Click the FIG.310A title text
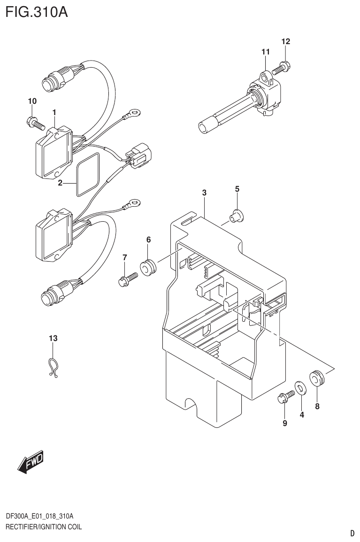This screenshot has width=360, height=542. pyautogui.click(x=37, y=11)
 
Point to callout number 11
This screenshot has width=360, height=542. pyautogui.click(x=266, y=52)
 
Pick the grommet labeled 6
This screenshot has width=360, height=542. pyautogui.click(x=148, y=266)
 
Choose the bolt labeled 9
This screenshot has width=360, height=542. pyautogui.click(x=284, y=399)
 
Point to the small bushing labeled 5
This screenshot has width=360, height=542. pyautogui.click(x=236, y=215)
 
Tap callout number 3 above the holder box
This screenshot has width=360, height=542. pyautogui.click(x=204, y=193)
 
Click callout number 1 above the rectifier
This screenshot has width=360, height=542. pyautogui.click(x=54, y=112)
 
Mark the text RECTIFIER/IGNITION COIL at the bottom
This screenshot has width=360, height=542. pyautogui.click(x=43, y=527)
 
